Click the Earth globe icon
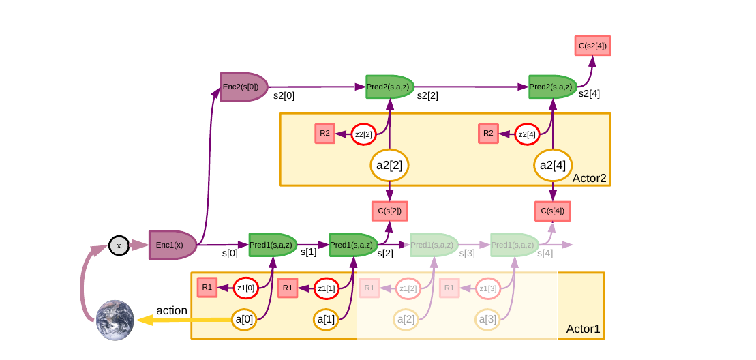tap(115, 320)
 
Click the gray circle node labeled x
tap(119, 245)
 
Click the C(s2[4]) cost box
tap(592, 46)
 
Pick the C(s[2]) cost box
tap(389, 211)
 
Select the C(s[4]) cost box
tap(552, 211)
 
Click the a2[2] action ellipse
tap(389, 165)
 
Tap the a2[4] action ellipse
tap(553, 165)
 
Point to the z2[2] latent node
tap(363, 134)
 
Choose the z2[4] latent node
tap(527, 134)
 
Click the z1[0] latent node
tap(245, 288)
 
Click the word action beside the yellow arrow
tap(172, 310)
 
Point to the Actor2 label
tap(589, 178)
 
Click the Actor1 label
tap(583, 329)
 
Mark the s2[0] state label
tap(284, 96)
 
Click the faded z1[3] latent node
tap(487, 288)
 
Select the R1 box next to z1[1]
tap(288, 288)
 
